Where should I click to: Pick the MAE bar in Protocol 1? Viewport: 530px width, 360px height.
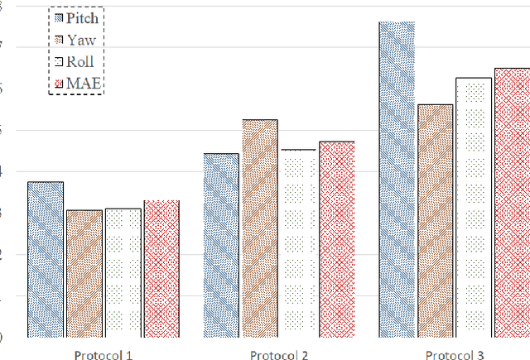point(161,268)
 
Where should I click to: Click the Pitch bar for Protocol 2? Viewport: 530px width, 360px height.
point(221,245)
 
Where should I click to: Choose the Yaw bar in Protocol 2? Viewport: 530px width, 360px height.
point(260,228)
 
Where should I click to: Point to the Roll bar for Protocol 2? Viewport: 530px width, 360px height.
point(298,243)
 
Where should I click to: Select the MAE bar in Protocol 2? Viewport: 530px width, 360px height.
point(337,239)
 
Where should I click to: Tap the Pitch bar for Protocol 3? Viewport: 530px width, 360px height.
point(397,180)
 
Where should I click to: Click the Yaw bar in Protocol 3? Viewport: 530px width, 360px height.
point(436,221)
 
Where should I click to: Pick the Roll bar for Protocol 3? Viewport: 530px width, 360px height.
point(474,208)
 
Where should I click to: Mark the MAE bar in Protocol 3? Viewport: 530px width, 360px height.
point(512,203)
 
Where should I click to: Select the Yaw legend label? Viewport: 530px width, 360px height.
point(81,39)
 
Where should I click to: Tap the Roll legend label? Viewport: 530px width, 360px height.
point(81,61)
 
